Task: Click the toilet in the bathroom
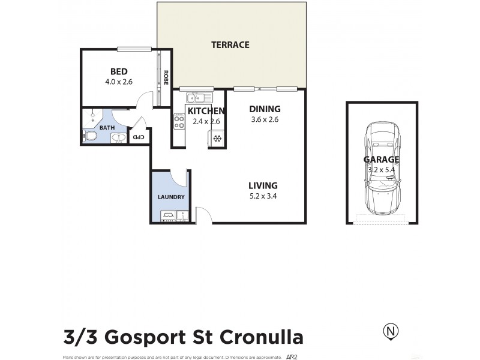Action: pos(91,137)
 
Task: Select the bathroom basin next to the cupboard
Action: pos(118,138)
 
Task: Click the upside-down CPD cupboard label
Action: pos(139,137)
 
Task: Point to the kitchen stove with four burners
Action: pos(179,122)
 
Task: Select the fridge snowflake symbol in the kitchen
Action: pos(217,139)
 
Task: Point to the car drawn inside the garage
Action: pos(380,169)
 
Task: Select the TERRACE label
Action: pos(230,45)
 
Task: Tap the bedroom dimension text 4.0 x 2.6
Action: pos(118,82)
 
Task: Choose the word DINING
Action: pos(265,109)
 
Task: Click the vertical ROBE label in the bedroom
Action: pos(165,78)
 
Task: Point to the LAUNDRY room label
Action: pos(171,197)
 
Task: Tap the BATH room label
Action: pos(107,128)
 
